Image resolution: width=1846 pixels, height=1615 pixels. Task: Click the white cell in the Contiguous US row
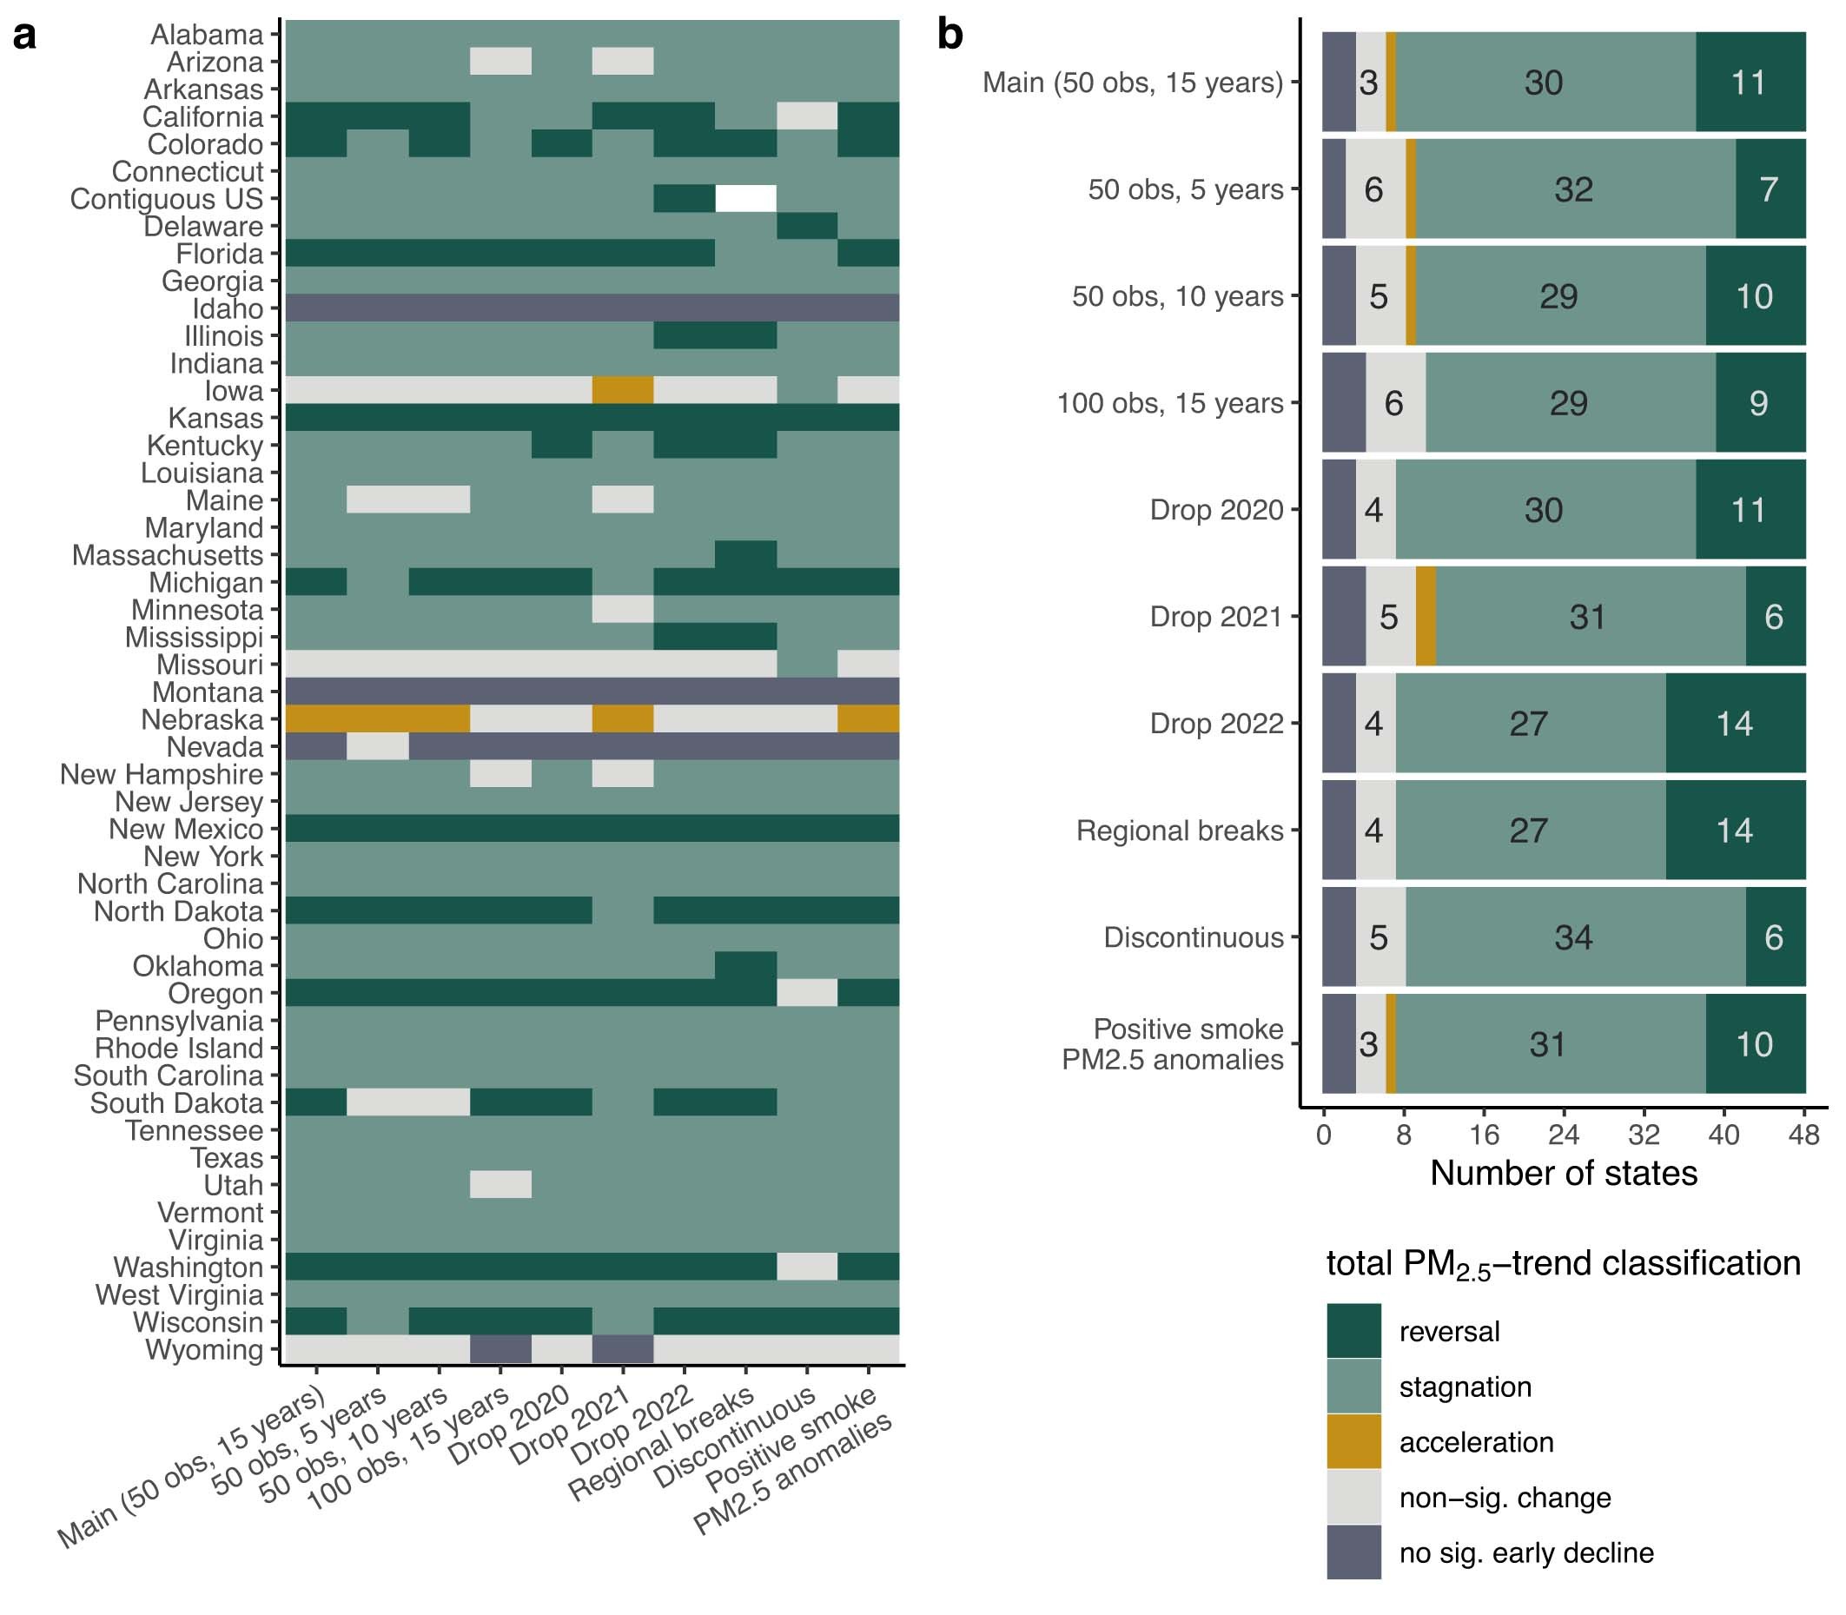point(745,198)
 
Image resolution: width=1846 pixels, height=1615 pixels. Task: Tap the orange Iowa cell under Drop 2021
point(622,390)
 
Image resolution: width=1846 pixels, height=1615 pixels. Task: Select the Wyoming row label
point(205,1350)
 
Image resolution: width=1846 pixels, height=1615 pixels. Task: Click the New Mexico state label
point(186,829)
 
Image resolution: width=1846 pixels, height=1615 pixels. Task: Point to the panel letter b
point(950,35)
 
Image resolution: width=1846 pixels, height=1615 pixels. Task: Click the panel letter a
point(24,36)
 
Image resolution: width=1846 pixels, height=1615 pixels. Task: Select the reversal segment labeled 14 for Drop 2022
point(1734,724)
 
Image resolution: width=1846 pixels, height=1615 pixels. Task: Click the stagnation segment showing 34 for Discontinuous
point(1574,937)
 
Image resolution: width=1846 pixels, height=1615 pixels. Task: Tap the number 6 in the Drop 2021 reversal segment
point(1774,618)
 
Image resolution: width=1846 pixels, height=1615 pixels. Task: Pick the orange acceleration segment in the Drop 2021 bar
point(1425,618)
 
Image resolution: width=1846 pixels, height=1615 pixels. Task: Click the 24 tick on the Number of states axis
point(1564,1134)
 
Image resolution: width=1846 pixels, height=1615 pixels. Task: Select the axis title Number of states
point(1563,1174)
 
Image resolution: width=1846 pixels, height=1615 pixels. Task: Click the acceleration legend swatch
point(1353,1442)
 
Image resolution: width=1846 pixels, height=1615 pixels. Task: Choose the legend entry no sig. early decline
point(1525,1552)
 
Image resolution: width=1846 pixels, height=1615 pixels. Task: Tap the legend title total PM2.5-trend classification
point(1563,1264)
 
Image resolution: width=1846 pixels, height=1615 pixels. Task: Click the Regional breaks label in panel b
point(1179,830)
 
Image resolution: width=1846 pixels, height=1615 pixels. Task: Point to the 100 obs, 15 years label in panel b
point(1169,403)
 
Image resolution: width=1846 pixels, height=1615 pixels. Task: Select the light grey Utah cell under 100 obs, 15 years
point(500,1184)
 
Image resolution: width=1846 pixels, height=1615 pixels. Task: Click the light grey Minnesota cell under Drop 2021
point(622,609)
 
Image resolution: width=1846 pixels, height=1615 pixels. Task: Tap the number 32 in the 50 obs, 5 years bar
point(1574,189)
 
